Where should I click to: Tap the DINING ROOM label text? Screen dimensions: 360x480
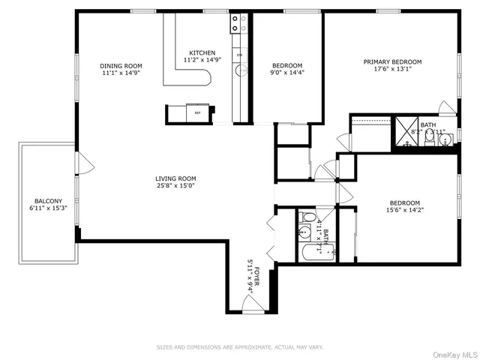[121, 66]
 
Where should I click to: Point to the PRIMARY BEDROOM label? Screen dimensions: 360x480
[392, 62]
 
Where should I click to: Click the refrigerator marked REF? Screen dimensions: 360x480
[188, 112]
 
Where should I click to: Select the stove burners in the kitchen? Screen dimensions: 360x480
[238, 24]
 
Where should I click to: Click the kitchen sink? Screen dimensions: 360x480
[241, 71]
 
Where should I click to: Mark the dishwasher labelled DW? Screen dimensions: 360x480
[239, 55]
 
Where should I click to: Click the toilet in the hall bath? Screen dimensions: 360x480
[307, 217]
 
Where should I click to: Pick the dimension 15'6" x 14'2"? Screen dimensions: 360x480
[403, 211]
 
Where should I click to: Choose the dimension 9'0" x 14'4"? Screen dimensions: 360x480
[287, 73]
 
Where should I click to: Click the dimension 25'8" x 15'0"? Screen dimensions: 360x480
[175, 186]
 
